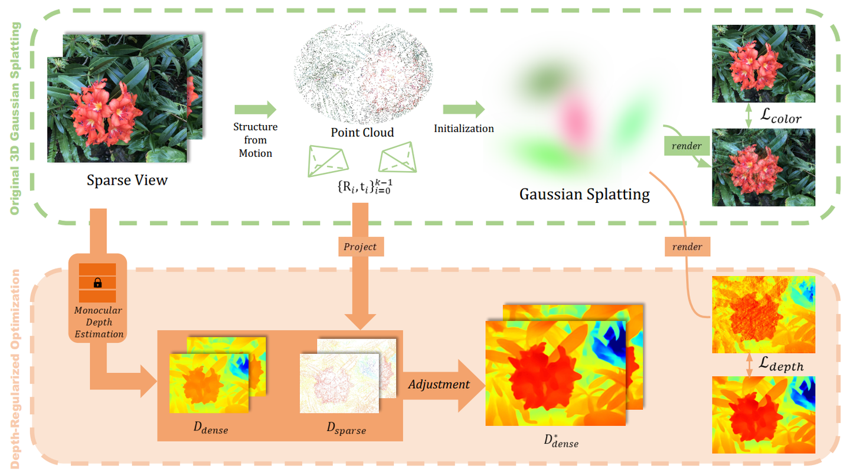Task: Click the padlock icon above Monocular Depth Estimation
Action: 98,283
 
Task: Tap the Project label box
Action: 360,247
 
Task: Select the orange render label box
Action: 688,247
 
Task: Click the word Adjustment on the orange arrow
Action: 439,385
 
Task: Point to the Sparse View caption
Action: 127,180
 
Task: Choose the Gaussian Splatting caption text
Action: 584,193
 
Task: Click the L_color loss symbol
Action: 780,117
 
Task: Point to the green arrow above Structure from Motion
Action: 255,109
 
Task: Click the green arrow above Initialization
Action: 463,109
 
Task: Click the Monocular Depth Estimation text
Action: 99,322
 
